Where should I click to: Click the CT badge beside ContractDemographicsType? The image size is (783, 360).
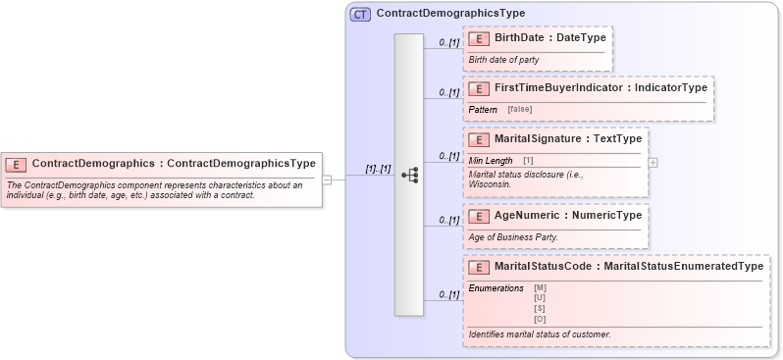[x=360, y=14]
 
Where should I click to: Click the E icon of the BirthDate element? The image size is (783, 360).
[x=480, y=38]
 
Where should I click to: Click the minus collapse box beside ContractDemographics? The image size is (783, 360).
[x=327, y=180]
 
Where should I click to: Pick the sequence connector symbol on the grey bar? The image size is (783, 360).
[x=410, y=176]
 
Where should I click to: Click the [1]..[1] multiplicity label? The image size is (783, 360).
[x=378, y=169]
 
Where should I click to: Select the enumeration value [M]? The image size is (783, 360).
[x=540, y=286]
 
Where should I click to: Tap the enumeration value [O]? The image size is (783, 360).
[x=540, y=319]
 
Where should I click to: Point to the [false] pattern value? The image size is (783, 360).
[x=520, y=108]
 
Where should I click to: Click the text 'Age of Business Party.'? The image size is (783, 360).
[x=513, y=236]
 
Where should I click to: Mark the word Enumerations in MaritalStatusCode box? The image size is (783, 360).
[x=496, y=286]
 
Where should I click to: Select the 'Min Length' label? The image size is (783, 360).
[x=491, y=160]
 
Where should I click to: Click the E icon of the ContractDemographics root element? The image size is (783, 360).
[x=17, y=164]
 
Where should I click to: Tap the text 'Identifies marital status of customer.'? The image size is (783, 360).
[x=540, y=334]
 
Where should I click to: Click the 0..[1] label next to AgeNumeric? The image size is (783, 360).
[x=448, y=220]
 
